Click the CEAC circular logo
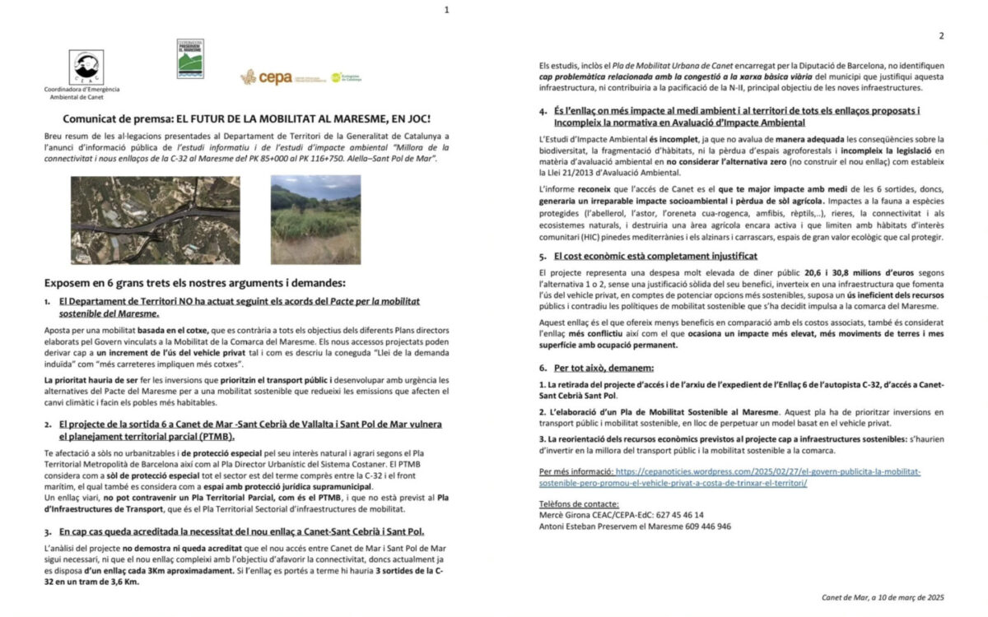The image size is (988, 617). [86, 67]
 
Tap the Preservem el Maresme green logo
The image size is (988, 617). [190, 58]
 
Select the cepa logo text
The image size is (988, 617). [274, 77]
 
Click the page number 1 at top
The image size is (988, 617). [447, 10]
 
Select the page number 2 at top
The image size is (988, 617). [940, 36]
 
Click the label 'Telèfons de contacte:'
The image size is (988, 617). [579, 503]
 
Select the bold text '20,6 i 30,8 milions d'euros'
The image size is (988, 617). [780, 271]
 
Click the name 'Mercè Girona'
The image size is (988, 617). [565, 515]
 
